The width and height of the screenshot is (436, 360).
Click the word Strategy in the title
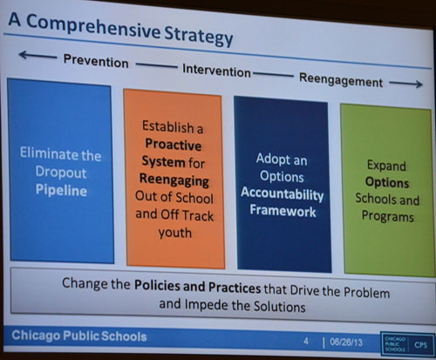point(199,37)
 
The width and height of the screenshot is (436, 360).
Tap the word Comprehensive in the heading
point(93,27)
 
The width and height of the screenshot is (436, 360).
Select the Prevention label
point(96,61)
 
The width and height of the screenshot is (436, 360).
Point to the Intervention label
point(216,71)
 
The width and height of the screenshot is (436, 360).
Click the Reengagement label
point(341,80)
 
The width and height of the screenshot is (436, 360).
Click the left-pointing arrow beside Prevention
point(37,55)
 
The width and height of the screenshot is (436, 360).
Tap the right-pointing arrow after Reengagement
point(405,84)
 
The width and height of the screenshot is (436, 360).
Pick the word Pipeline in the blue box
point(61,190)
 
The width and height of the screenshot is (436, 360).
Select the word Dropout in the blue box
point(61,173)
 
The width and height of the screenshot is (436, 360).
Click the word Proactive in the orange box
point(174,145)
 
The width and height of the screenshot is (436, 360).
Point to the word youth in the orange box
point(175,233)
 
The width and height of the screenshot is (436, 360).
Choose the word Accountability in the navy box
point(283,194)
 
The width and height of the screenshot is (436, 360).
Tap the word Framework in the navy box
point(283,210)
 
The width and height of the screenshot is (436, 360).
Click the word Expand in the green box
point(386,166)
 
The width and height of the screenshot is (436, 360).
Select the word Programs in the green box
point(388,216)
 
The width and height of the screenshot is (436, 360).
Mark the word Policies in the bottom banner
point(158,285)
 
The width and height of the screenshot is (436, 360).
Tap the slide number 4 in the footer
point(306,341)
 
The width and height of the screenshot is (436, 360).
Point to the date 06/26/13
point(346,343)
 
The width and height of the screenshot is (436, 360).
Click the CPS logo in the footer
point(406,344)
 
